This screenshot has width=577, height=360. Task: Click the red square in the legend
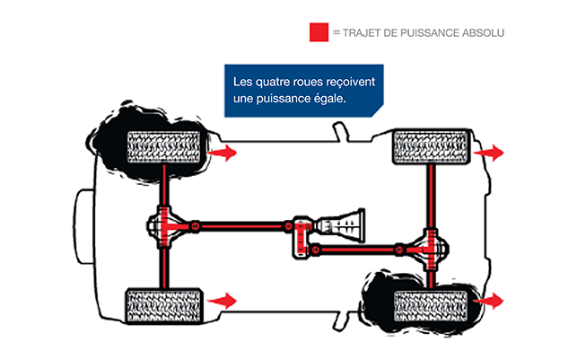(319, 32)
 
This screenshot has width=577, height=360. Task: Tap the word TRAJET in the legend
(362, 33)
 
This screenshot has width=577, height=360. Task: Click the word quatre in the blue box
(272, 82)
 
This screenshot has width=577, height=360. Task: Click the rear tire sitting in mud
(163, 147)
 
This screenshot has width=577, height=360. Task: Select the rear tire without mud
(163, 306)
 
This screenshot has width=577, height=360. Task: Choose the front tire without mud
(432, 146)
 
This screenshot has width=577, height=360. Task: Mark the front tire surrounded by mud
(431, 306)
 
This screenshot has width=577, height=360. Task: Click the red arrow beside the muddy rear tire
(222, 153)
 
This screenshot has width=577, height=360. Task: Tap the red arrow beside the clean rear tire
(222, 301)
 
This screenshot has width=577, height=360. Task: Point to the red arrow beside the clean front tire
(488, 153)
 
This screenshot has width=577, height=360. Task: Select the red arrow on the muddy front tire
(488, 301)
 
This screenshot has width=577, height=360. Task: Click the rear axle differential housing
(164, 226)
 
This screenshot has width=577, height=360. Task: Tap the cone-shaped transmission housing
(341, 225)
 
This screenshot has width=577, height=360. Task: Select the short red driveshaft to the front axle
(356, 250)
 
